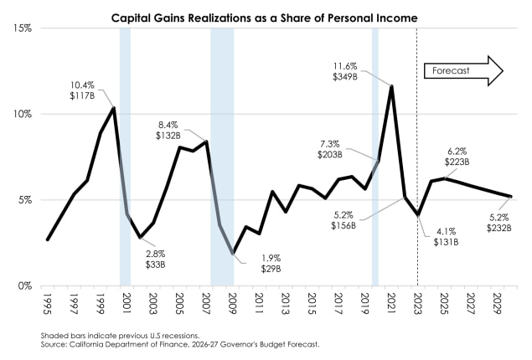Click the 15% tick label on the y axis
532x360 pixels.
(x=21, y=28)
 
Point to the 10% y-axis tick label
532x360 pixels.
(x=21, y=114)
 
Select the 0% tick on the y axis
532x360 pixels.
(x=23, y=285)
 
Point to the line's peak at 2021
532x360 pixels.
(x=391, y=85)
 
